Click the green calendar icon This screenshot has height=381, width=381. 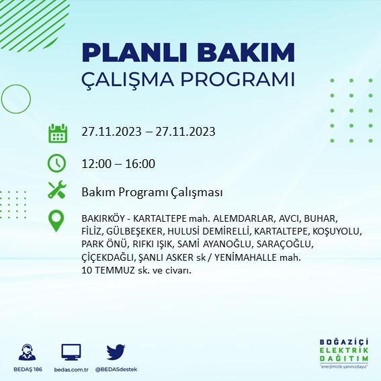tap(57, 132)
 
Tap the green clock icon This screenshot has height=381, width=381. tap(57, 163)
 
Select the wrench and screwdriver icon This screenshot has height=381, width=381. tap(57, 191)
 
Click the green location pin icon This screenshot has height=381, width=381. tap(57, 221)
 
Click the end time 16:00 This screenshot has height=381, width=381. tap(140, 163)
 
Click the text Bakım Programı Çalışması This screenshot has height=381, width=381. tap(151, 193)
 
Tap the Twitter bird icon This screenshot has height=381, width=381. tap(116, 351)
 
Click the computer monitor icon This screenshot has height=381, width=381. tap(71, 351)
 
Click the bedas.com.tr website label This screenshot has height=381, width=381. tap(71, 370)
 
